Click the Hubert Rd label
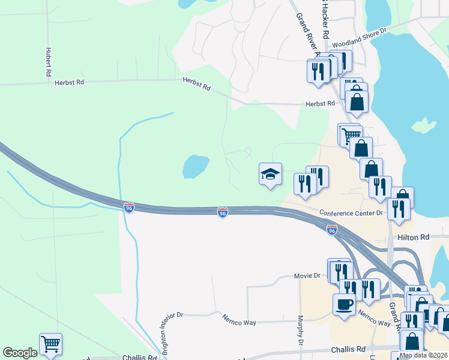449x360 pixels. [47, 62]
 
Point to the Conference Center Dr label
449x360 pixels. [351, 212]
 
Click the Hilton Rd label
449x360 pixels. [414, 238]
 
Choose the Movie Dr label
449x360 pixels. [307, 275]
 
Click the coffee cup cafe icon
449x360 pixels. [344, 304]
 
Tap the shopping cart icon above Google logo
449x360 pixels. [50, 344]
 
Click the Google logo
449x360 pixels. [20, 353]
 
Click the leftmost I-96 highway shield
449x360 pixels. [129, 207]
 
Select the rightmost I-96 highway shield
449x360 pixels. [332, 229]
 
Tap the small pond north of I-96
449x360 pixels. [196, 166]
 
